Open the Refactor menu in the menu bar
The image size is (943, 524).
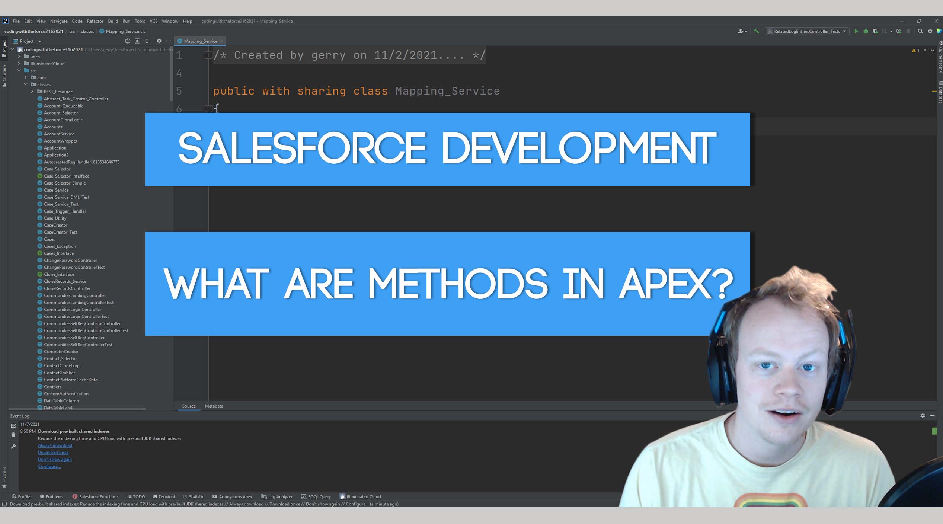coord(95,21)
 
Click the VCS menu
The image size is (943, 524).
coord(153,21)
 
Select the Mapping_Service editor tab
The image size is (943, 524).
coord(200,41)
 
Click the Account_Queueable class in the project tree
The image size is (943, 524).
coord(63,106)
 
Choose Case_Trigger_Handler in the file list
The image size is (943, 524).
coord(65,211)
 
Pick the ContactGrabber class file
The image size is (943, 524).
coord(59,373)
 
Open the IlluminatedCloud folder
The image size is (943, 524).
coord(47,64)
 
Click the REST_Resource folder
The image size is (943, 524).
coord(58,92)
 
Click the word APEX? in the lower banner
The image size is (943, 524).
coord(675,285)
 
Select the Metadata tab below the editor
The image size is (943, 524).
coord(214,406)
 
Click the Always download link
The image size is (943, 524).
coord(55,445)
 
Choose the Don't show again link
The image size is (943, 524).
coord(55,460)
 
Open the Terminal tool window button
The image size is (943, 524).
coord(164,497)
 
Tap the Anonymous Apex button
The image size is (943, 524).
coord(233,497)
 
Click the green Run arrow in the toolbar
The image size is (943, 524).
coord(856,31)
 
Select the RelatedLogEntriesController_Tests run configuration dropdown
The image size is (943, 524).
coord(807,31)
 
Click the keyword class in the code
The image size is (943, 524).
coord(370,91)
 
